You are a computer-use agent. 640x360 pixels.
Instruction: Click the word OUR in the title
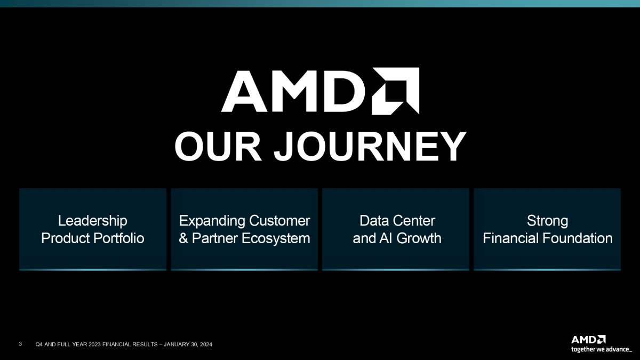click(x=218, y=147)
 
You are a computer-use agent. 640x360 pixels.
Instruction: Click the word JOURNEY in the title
click(x=370, y=147)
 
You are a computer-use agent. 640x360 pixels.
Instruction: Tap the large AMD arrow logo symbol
click(x=395, y=91)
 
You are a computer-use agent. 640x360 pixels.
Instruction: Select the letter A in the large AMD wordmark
click(x=244, y=91)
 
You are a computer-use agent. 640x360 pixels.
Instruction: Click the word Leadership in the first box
click(x=93, y=221)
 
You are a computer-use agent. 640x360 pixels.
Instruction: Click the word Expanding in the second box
click(x=212, y=221)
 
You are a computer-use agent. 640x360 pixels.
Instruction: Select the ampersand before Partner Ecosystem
click(x=183, y=238)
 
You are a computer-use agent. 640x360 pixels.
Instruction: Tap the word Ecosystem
click(x=276, y=239)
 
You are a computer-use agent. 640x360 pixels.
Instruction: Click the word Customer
click(x=279, y=221)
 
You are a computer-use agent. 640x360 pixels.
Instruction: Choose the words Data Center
click(x=397, y=221)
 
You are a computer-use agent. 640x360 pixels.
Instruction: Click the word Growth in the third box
click(x=419, y=238)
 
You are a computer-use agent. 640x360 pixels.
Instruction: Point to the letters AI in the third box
click(x=386, y=238)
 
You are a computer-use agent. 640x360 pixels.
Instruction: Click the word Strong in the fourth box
click(x=547, y=221)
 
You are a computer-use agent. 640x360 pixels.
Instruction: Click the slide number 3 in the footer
click(x=20, y=343)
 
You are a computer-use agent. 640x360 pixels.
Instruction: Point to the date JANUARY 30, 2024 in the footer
click(x=188, y=345)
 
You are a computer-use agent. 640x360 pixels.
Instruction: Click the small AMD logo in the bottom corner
click(x=588, y=340)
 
